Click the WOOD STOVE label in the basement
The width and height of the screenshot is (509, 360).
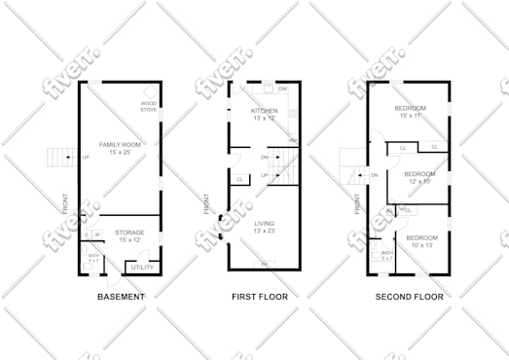(149, 106)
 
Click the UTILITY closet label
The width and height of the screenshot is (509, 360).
(142, 266)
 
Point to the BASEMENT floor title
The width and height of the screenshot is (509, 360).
(122, 296)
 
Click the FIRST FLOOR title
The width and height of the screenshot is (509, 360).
(259, 296)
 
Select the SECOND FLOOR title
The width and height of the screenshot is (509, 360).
(409, 296)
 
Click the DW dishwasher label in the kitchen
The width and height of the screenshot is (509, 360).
(283, 90)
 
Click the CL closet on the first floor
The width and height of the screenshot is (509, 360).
(239, 179)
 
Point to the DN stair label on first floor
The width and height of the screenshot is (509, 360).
(264, 158)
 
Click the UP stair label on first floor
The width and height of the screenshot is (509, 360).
(264, 175)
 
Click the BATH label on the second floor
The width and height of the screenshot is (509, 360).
(386, 255)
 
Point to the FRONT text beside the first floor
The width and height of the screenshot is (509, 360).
(206, 203)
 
